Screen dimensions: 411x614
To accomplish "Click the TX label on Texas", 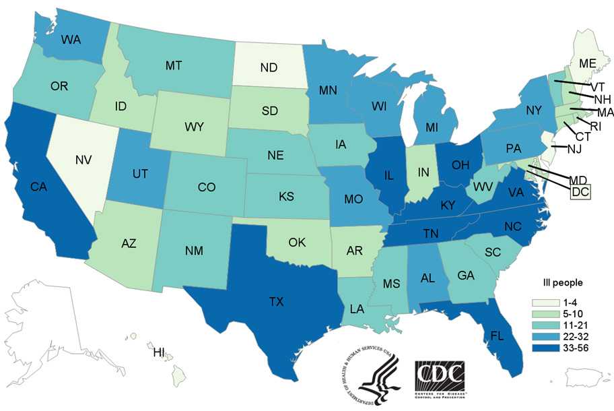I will coord(276,302).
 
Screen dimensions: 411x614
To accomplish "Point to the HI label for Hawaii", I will coord(159,352).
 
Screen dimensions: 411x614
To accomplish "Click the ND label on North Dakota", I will coord(270,67).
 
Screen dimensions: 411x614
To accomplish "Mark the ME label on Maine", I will coord(588,63).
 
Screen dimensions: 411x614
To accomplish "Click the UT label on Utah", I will coord(139,174).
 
